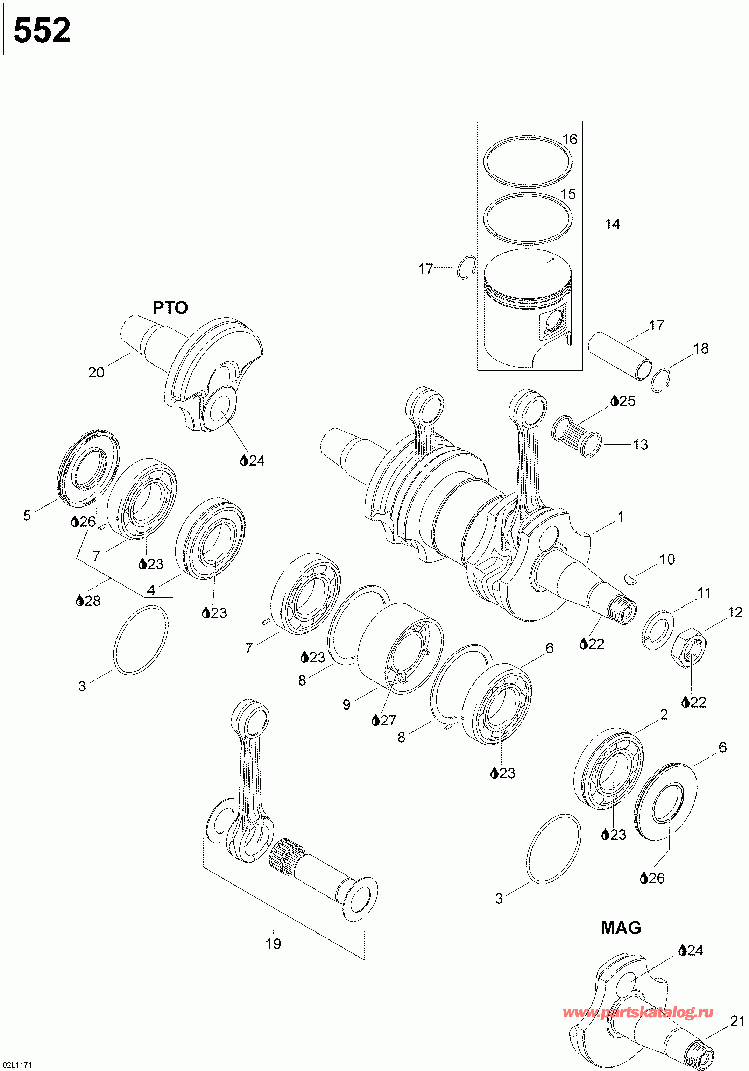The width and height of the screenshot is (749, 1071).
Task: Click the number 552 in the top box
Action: point(42,30)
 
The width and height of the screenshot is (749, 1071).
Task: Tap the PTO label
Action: point(170,307)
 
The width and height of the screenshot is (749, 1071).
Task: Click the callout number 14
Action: point(612,224)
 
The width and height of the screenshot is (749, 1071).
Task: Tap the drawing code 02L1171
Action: point(16,1065)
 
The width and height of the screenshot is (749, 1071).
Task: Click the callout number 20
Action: point(96,373)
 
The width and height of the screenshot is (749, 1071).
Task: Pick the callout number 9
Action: point(346,704)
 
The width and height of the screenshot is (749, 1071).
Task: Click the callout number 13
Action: point(640,445)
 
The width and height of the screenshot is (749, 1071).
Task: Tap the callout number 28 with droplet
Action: point(88,601)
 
